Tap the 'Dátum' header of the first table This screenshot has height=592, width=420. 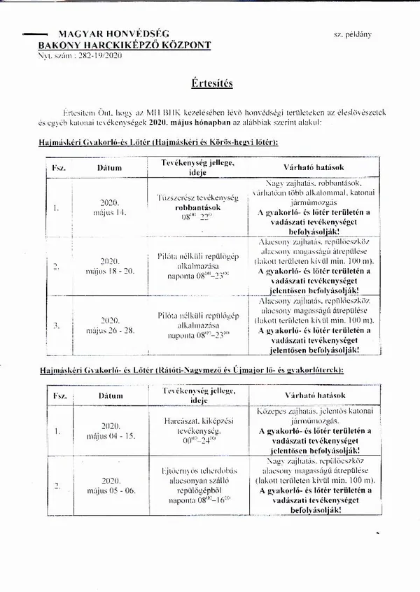[111, 169]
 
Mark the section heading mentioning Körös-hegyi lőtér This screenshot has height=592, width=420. [157, 141]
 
